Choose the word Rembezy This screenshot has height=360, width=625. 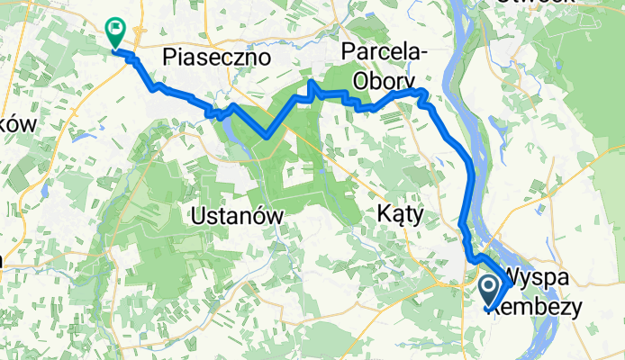coord(545,305)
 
